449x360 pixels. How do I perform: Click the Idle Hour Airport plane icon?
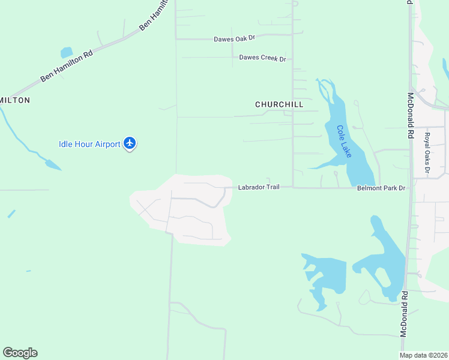[x=130, y=143]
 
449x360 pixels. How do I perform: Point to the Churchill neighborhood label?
[x=279, y=104]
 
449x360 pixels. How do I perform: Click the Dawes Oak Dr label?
[x=235, y=38]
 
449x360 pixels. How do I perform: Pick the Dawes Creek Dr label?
[x=262, y=58]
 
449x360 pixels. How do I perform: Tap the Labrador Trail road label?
[x=259, y=187]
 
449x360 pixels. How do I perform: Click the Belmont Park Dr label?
[x=382, y=188]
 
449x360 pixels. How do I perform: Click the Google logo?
[x=20, y=353]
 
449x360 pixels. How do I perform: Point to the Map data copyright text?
[x=424, y=355]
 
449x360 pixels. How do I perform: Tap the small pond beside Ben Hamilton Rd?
[x=66, y=53]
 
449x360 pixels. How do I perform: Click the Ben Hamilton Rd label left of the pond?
[x=67, y=66]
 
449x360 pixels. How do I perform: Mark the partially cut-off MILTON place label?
[x=15, y=100]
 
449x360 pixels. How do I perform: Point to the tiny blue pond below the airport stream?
[x=11, y=214]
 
